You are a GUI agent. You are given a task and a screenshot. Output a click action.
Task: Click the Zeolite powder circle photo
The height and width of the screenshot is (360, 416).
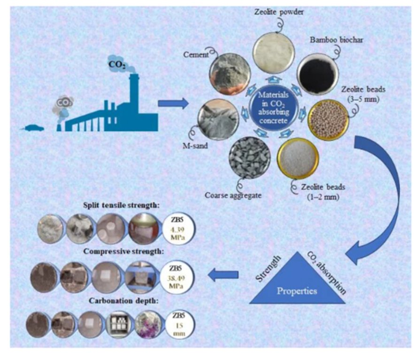click(x=274, y=49)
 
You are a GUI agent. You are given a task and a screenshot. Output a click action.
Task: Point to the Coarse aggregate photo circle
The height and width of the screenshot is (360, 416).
click(x=249, y=159)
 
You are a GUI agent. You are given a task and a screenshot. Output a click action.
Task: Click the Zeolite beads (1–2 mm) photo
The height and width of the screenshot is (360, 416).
click(x=298, y=159)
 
